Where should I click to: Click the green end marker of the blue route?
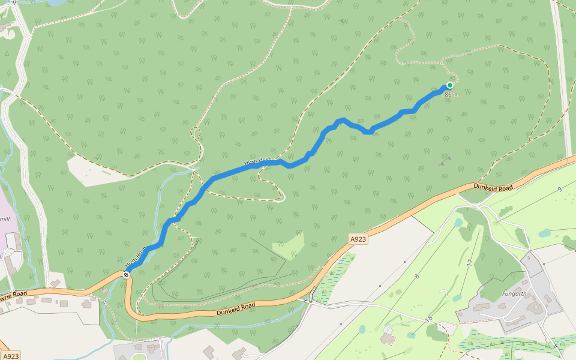point(449,85)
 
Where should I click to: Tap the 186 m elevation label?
point(450,95)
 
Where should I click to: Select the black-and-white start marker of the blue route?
point(126,274)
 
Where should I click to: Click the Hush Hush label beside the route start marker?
point(136,256)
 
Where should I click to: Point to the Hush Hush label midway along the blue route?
point(258,162)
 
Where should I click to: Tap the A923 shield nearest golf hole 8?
point(358,239)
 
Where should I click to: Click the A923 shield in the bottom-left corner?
point(10,355)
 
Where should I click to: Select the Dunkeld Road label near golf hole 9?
point(494,188)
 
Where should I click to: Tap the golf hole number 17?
point(469,262)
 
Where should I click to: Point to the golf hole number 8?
point(416,276)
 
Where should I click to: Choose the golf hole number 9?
point(559,190)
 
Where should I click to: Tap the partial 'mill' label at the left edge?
point(5,219)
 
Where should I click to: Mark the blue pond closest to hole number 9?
point(544,233)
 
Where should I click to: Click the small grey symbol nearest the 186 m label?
point(445,161)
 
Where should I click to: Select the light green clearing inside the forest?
point(289,245)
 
